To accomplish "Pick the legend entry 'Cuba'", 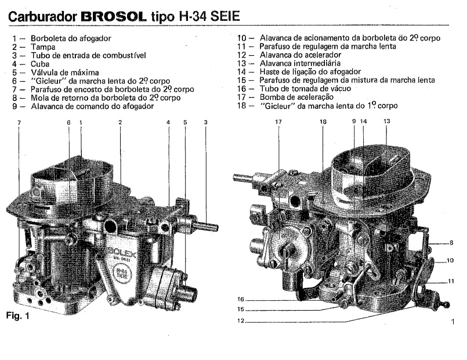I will [x=40, y=65].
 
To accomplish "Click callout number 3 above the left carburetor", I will [x=205, y=123].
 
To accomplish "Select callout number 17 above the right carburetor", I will [x=278, y=122].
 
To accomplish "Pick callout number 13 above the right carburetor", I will [x=387, y=121].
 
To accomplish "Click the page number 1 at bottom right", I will [x=452, y=321].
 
